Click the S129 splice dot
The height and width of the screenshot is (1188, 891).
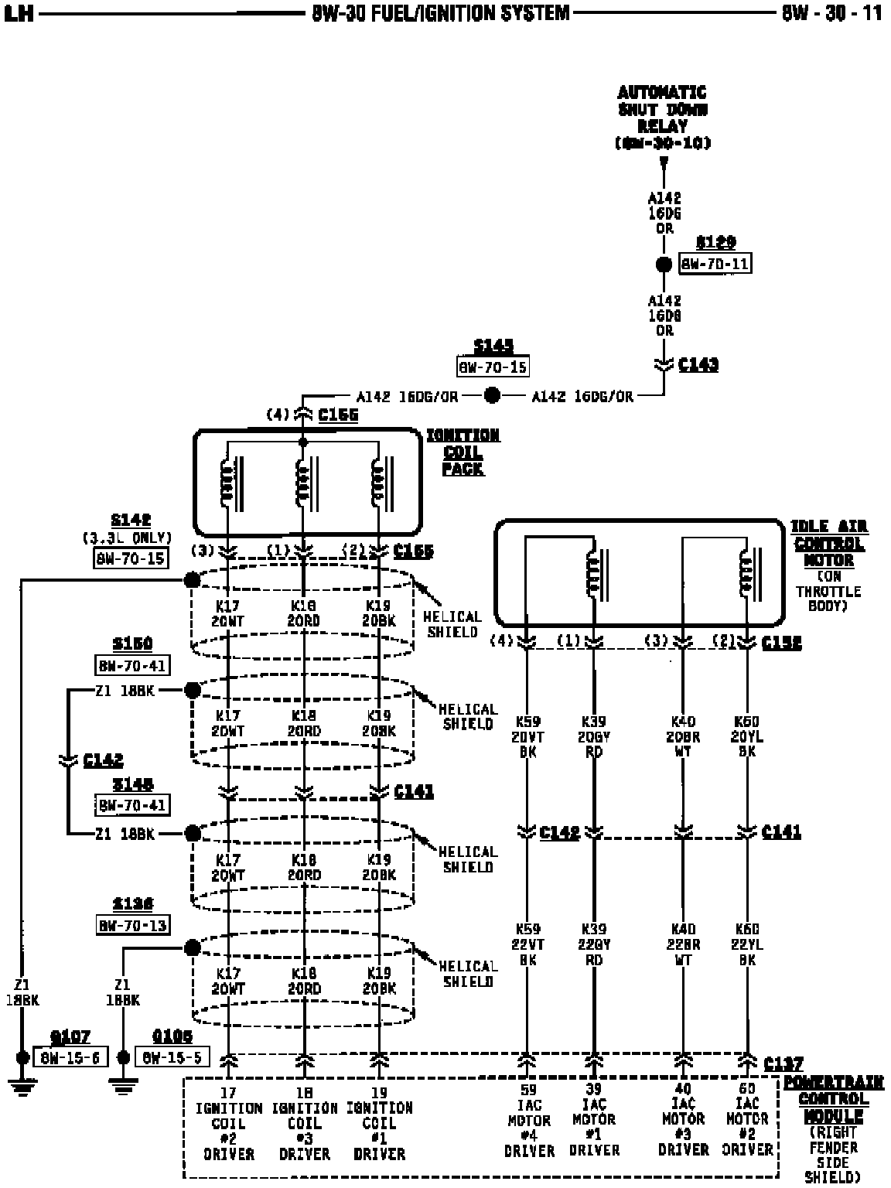(x=664, y=265)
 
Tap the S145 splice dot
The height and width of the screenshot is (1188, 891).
(x=492, y=396)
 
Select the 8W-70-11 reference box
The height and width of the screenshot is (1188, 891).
(x=715, y=264)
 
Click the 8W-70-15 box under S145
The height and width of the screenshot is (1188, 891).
(x=493, y=367)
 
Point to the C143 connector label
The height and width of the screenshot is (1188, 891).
(x=698, y=364)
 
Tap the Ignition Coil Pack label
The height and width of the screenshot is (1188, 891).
(x=463, y=452)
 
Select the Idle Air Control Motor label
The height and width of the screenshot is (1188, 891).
(x=828, y=543)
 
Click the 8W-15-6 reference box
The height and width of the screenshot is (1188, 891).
(x=70, y=1057)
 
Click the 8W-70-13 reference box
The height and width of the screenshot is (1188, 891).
(x=133, y=925)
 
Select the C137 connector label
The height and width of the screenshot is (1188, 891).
(x=783, y=1064)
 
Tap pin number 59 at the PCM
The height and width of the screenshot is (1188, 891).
(x=528, y=1091)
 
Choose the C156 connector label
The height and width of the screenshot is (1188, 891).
(x=338, y=415)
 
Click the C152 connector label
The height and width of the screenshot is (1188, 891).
(x=781, y=643)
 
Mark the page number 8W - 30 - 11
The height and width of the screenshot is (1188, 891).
(x=831, y=13)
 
